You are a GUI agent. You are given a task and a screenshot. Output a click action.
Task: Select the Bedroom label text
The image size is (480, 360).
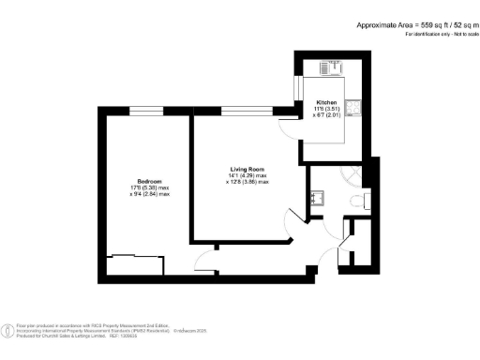coord(150,181)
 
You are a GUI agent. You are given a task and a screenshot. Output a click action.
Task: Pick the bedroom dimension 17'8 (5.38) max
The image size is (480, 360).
coord(150,187)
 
